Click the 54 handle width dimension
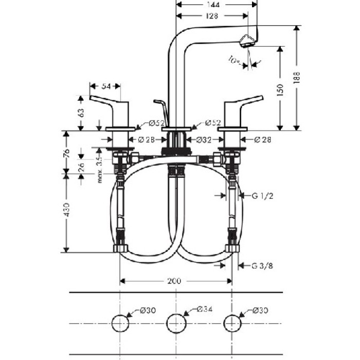[105, 86]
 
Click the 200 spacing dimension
[175, 281]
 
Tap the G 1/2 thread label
[262, 195]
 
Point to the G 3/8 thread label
[262, 266]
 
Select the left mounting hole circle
[120, 323]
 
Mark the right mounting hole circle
[231, 323]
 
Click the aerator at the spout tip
[247, 41]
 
